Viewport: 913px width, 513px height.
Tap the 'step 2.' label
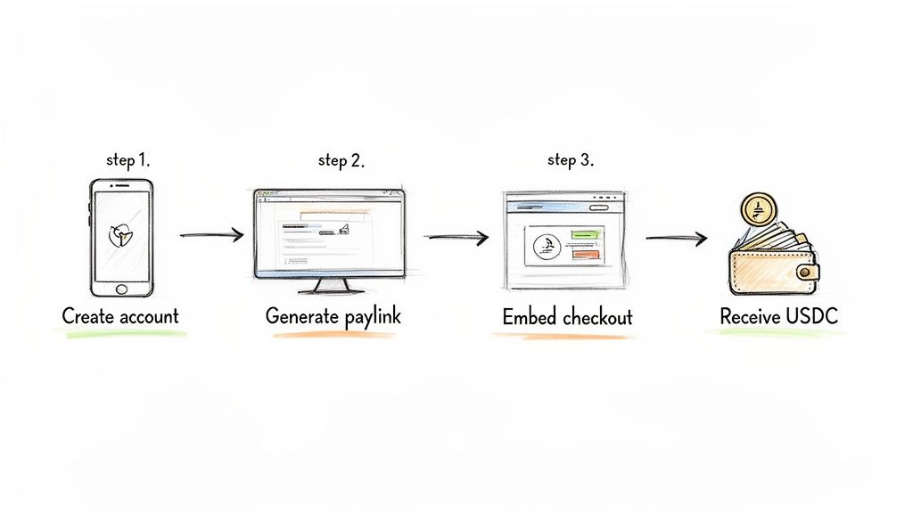click(x=341, y=161)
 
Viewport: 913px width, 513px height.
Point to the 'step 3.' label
click(x=570, y=161)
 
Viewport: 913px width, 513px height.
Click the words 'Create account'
click(x=120, y=315)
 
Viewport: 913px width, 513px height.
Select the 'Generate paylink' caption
click(x=333, y=316)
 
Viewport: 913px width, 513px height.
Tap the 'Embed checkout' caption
click(x=567, y=317)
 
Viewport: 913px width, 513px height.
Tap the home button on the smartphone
click(x=122, y=289)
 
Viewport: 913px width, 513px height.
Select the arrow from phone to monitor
click(x=211, y=235)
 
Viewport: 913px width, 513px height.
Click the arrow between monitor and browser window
click(x=456, y=238)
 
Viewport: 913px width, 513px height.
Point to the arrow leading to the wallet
click(x=676, y=238)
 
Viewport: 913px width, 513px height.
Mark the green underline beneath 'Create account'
click(x=120, y=333)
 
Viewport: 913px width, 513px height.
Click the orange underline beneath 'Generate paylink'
click(x=333, y=335)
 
